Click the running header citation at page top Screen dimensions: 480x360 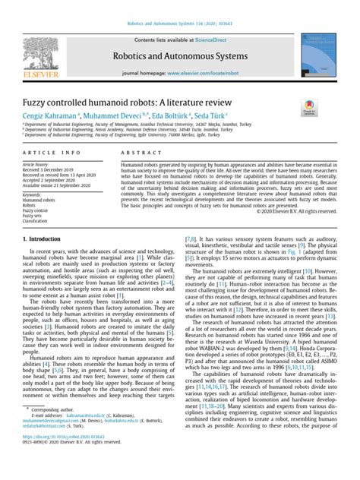point(179,6)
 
